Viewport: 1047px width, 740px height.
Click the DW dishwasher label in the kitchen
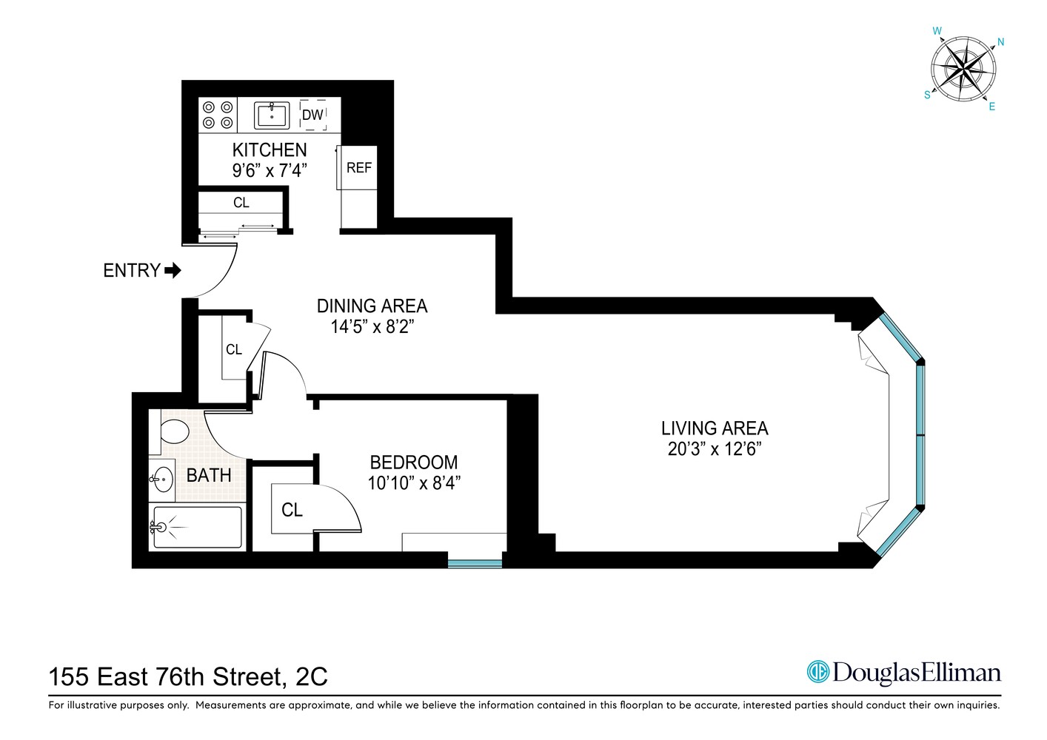point(312,115)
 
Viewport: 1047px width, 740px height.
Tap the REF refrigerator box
point(359,168)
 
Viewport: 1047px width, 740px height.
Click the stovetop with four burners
point(218,115)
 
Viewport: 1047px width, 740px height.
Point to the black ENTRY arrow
point(173,271)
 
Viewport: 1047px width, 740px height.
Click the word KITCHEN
point(270,149)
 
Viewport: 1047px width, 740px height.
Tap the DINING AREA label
point(372,306)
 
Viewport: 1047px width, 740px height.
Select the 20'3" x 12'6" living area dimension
point(715,449)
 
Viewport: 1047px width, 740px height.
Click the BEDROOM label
point(413,462)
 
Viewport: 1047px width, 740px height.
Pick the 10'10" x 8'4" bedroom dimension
point(414,483)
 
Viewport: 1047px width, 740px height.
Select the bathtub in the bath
point(197,527)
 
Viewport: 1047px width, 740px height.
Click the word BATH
point(209,475)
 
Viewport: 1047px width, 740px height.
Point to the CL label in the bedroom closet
point(292,510)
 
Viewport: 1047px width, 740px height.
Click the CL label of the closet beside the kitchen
point(241,202)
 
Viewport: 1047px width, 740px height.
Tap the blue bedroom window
point(475,563)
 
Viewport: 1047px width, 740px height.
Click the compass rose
point(963,71)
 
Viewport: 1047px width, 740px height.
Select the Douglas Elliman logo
point(903,672)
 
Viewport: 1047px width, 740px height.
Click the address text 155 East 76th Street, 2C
point(188,676)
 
